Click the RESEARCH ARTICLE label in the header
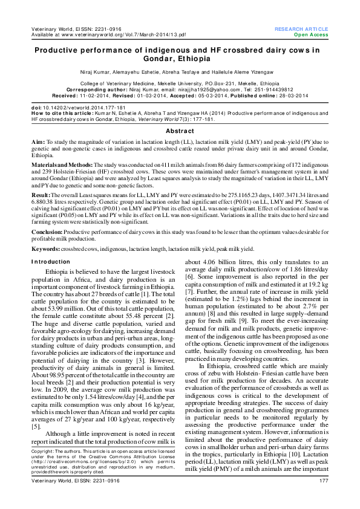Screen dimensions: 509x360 click(301, 29)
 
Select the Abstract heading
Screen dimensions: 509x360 click(180, 131)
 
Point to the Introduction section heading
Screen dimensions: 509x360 click(50, 261)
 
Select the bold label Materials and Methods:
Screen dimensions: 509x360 click(61, 164)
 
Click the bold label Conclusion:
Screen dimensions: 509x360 click(47, 232)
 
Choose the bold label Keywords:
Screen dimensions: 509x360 click(45, 248)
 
